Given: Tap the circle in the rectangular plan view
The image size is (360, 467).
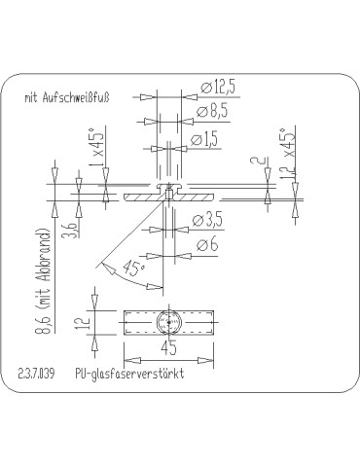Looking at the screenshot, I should (168, 322).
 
